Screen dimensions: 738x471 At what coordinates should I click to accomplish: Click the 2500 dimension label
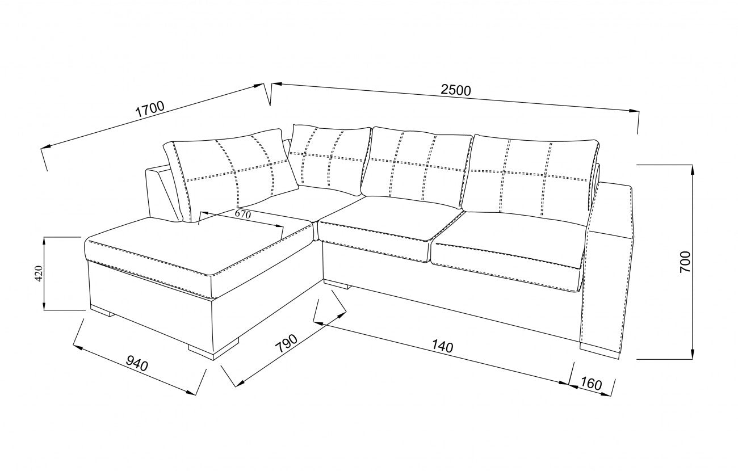pos(456,90)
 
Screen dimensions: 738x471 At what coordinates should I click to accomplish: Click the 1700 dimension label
pos(149,110)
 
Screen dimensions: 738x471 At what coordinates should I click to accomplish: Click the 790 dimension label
pos(286,343)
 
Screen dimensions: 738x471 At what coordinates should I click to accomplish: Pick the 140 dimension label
pos(442,346)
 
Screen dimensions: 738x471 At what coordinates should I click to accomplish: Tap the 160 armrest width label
pos(591,384)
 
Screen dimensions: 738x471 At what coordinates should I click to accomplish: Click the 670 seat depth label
pos(243,214)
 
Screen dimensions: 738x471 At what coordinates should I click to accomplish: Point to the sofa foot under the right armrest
pos(599,351)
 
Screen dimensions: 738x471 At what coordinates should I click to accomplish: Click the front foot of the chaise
pos(213,349)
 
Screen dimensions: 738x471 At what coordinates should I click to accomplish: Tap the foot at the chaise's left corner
pos(102,310)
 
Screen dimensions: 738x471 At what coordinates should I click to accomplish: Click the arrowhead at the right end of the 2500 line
pos(634,111)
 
